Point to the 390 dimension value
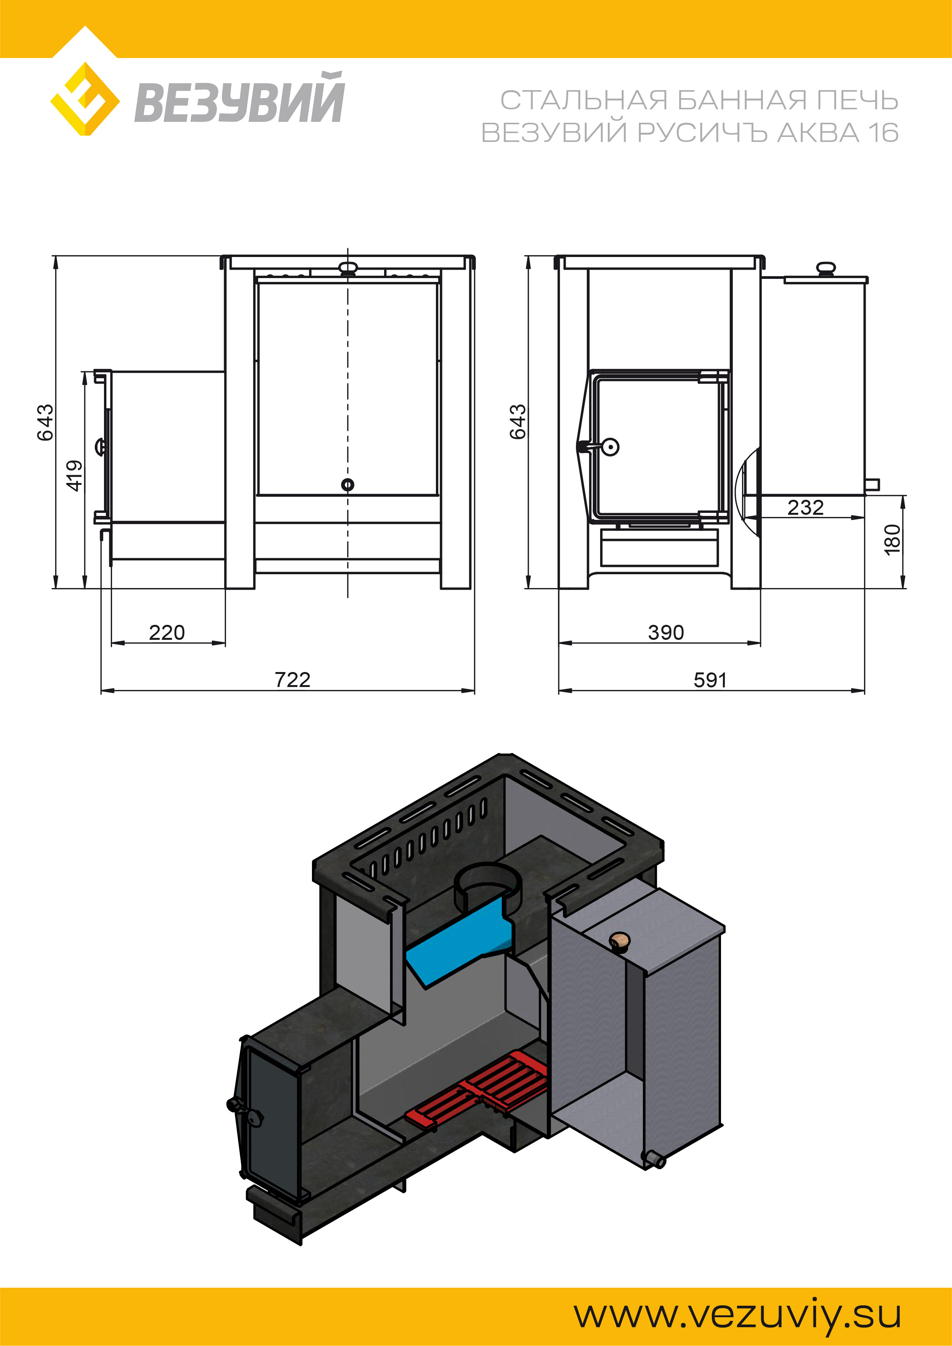[666, 633]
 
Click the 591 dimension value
[710, 680]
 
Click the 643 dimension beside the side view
[517, 422]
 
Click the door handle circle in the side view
[610, 447]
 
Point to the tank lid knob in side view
[825, 269]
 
